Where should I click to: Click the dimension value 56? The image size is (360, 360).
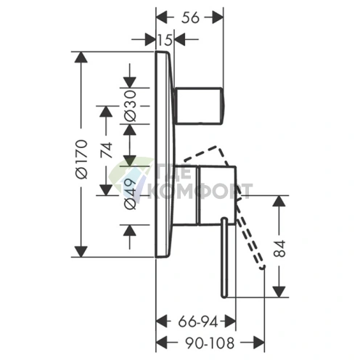(x=190, y=18)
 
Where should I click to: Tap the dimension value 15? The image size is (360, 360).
(x=165, y=39)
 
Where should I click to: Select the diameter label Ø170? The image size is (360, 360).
(x=81, y=159)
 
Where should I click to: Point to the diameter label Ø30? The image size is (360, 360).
(x=130, y=106)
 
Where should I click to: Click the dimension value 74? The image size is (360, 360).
(x=107, y=150)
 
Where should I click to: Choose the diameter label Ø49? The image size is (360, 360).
(x=130, y=195)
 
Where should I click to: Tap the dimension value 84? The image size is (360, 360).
(x=279, y=248)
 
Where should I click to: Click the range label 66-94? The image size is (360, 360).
(x=198, y=322)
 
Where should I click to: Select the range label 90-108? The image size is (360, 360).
(x=210, y=343)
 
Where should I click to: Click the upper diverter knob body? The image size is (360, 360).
(x=200, y=106)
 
